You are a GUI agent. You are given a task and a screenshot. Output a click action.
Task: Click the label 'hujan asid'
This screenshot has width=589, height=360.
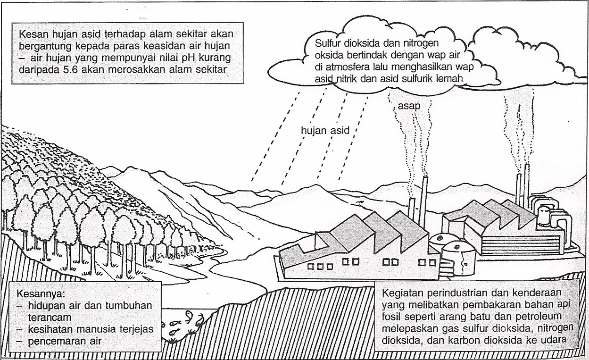[325, 131]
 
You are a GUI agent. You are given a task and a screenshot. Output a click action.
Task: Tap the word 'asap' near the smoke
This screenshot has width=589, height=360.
[408, 106]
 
